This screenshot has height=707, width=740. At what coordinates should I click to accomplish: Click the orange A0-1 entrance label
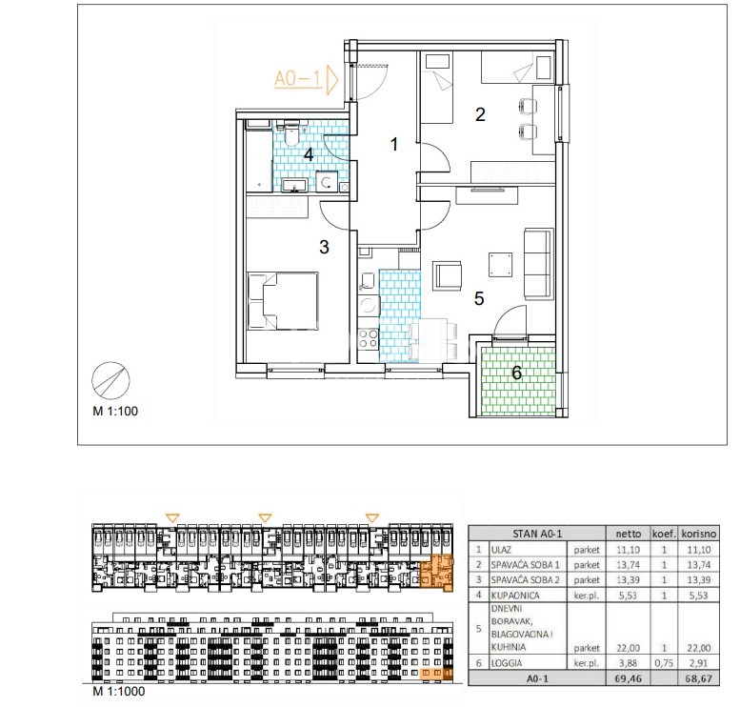[x=298, y=79]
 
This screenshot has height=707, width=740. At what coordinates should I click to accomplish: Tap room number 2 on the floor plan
[x=480, y=114]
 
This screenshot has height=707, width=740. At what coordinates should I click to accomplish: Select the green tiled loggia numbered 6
[x=517, y=380]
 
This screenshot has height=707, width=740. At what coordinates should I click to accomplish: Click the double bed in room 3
[x=283, y=300]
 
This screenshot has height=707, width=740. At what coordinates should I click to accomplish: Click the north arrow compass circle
[x=110, y=380]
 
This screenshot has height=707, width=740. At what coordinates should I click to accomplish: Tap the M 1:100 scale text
[x=115, y=411]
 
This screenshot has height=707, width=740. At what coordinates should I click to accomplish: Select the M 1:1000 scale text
[x=119, y=692]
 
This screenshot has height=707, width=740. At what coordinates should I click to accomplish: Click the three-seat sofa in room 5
[x=538, y=264]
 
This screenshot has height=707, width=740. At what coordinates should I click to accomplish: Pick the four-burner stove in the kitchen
[x=369, y=338]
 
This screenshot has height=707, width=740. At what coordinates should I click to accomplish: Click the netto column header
[x=629, y=534]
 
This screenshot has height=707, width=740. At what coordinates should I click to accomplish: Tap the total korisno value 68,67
[x=698, y=678]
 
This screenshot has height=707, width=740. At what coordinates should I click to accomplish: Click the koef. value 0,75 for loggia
[x=664, y=663]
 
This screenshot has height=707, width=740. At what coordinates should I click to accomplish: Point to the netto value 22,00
[x=629, y=648]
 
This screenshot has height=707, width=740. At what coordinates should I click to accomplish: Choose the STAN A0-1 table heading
[x=537, y=534]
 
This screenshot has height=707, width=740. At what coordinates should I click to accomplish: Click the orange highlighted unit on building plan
[x=436, y=574]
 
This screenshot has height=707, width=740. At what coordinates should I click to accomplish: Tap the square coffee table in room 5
[x=500, y=265]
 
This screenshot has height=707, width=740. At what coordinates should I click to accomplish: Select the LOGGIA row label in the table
[x=507, y=663]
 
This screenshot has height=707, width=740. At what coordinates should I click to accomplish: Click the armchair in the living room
[x=447, y=274]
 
